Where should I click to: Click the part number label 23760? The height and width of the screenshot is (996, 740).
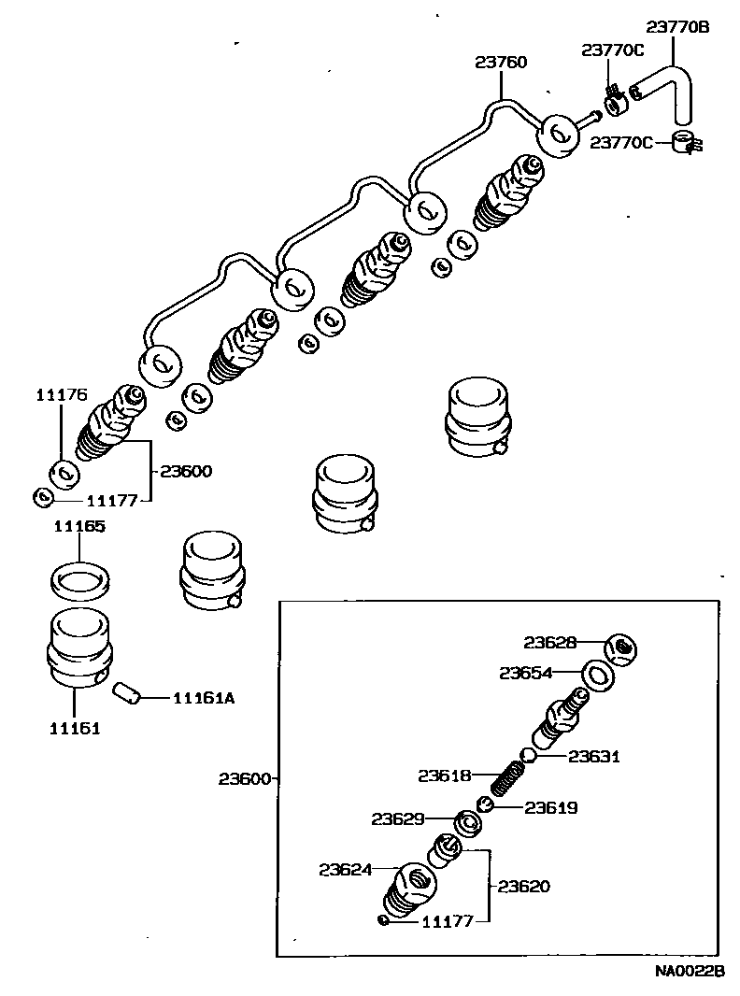click(x=501, y=63)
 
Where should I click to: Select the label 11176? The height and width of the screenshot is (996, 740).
click(x=62, y=395)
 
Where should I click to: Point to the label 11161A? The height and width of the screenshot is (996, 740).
click(x=203, y=697)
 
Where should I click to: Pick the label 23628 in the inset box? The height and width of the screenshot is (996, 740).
click(x=549, y=642)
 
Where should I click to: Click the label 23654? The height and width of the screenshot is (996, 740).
click(x=525, y=672)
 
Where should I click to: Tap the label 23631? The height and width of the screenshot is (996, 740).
click(x=594, y=757)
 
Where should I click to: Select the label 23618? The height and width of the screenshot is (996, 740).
click(x=444, y=775)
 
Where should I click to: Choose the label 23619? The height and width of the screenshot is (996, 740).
click(x=551, y=808)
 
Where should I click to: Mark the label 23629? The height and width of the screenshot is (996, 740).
click(x=398, y=819)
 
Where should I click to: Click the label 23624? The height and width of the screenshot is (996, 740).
click(x=345, y=870)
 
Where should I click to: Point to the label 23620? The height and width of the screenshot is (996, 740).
click(x=525, y=886)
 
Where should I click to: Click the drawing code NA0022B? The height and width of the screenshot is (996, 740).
click(x=690, y=972)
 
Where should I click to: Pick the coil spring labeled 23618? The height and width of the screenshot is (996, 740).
click(x=506, y=777)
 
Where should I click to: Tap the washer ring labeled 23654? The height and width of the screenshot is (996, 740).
click(x=599, y=676)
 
